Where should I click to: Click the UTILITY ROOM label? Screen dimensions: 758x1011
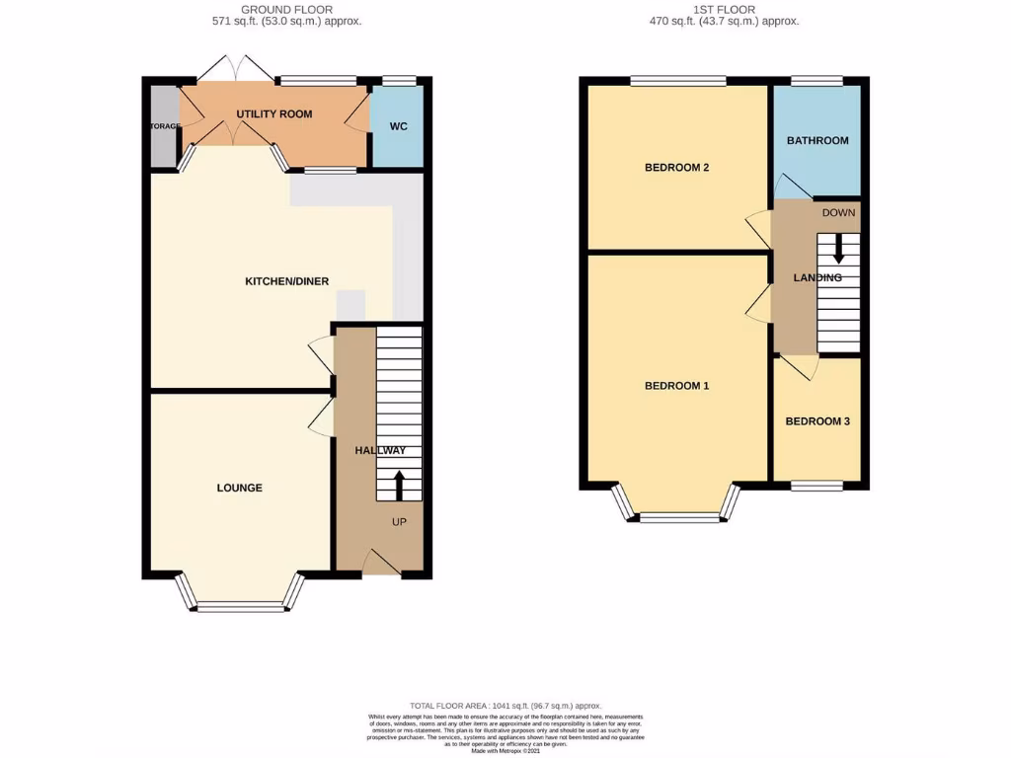coord(273,114)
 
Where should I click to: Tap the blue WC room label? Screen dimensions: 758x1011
coord(398,127)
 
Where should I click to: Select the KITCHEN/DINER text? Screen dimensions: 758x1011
coord(286,282)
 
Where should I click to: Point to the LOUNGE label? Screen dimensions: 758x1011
coord(240,488)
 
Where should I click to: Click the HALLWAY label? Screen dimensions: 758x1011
coord(380,451)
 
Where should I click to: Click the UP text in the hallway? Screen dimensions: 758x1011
coord(401,521)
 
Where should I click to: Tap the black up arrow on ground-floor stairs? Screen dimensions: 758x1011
coord(400,485)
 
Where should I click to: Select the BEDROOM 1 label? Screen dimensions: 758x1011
coord(676,386)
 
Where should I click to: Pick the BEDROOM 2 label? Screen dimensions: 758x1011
coord(676,168)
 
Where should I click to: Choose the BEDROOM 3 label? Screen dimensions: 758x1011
coord(817,421)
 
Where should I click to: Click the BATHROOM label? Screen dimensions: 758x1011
coord(817,141)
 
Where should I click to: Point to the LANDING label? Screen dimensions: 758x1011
coord(817,278)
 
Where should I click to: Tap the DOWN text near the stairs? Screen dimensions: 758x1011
coord(839,213)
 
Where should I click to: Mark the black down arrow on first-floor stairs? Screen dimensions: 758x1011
coord(838,247)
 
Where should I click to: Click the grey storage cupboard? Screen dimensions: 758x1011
coord(162,127)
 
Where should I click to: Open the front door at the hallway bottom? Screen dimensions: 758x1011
coord(379,563)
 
